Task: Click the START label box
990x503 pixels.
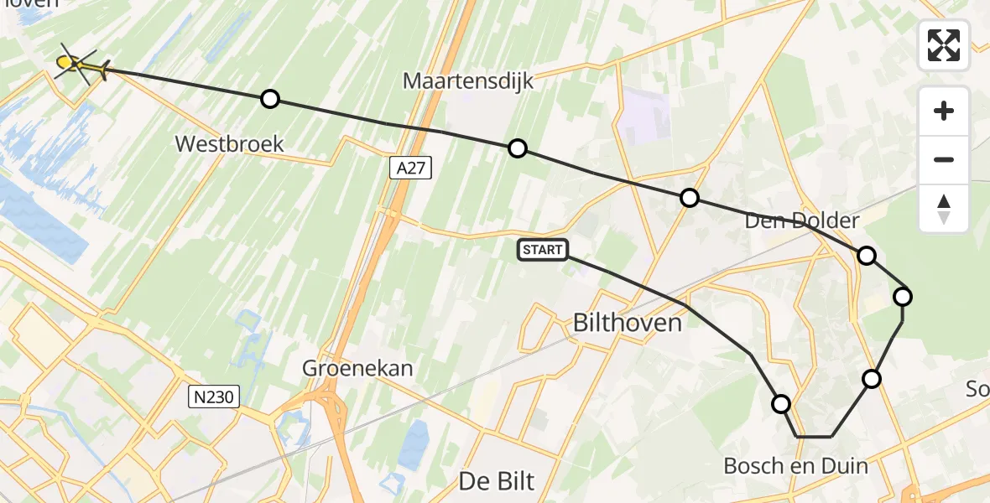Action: tap(543, 249)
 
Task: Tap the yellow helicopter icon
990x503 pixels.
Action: tap(80, 65)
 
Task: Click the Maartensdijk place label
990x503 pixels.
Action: tap(468, 81)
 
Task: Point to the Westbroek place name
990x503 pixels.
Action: tap(229, 143)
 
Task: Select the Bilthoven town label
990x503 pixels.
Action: tap(627, 322)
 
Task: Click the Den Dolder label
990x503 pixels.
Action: tap(802, 221)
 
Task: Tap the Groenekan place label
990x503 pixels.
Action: tap(359, 368)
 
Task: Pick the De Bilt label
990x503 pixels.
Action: tap(497, 480)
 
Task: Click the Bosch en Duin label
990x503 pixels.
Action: tap(795, 465)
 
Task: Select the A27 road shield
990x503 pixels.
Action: tap(411, 169)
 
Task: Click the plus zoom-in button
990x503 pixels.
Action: tap(944, 111)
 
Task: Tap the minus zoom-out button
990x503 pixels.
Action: tap(944, 159)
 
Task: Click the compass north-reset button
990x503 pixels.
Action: tap(944, 209)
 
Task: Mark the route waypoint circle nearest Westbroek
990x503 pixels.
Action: tap(269, 99)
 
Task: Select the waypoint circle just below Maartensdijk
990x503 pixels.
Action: tap(518, 148)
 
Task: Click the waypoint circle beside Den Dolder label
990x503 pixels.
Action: tap(866, 255)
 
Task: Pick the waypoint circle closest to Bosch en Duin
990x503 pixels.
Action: tap(781, 404)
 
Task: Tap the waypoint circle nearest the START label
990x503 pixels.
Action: tap(689, 198)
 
